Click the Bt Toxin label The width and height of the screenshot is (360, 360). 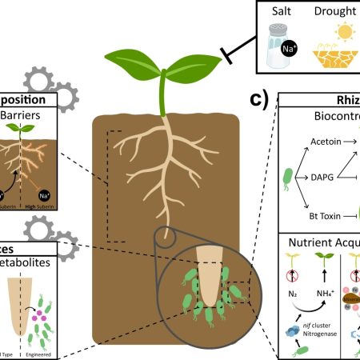pyautogui.click(x=306, y=215)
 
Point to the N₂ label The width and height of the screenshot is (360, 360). pyautogui.click(x=292, y=301)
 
